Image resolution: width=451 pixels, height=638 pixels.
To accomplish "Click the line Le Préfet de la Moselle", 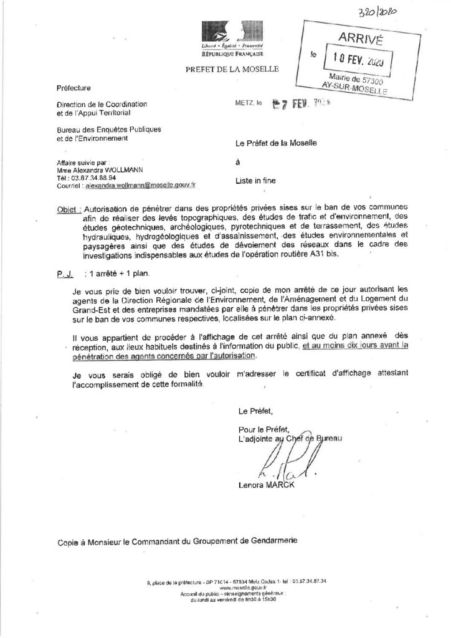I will [x=276, y=143].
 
